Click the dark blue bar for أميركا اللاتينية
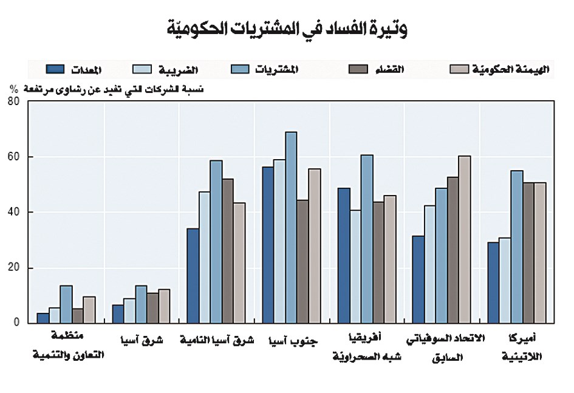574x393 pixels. [493, 282]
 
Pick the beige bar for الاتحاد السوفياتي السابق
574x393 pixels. [464, 239]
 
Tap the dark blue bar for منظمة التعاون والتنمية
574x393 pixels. [43, 318]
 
